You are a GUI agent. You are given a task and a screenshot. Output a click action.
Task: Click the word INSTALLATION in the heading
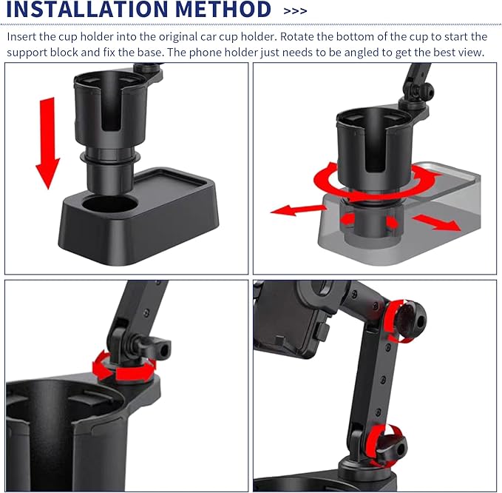(87, 9)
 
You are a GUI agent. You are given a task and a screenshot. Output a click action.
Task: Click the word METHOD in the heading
(223, 9)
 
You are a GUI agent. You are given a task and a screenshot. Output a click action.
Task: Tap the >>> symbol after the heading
(295, 11)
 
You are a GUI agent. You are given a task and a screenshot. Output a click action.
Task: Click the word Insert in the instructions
(21, 36)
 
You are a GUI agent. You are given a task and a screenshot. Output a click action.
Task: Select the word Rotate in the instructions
(296, 36)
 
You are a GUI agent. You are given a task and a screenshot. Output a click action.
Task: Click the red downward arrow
(48, 143)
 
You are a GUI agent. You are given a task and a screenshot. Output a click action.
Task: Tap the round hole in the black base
(110, 205)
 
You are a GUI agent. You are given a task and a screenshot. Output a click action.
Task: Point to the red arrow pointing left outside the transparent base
(299, 210)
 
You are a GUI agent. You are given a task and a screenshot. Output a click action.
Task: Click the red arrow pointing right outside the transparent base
(436, 223)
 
